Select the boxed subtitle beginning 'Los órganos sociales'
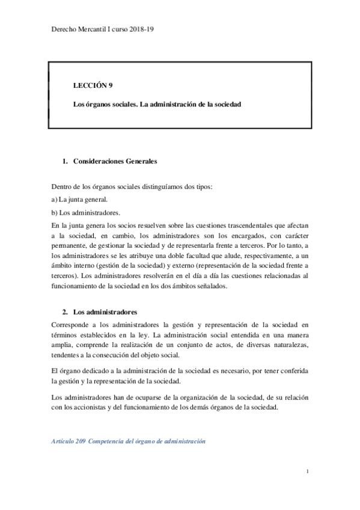point(157,105)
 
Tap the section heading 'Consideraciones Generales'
point(115,162)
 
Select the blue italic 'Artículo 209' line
point(129,441)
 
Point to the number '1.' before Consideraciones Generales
point(65,162)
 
